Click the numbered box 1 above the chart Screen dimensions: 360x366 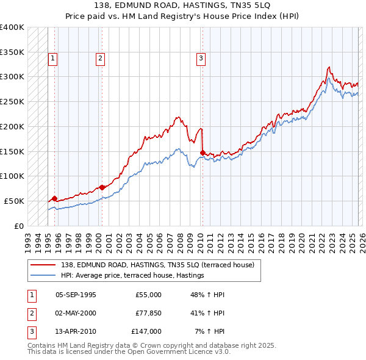[x=53, y=59]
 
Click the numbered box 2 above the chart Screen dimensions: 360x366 [x=100, y=59]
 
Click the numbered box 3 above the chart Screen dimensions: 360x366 [x=201, y=59]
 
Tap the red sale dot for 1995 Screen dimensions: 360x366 [x=54, y=198]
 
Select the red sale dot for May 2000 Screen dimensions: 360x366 [x=102, y=187]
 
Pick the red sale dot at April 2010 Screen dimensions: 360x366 [x=203, y=153]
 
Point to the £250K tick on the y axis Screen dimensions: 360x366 [x=12, y=102]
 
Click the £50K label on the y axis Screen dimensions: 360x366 [x=14, y=201]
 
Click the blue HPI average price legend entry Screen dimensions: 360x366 [x=131, y=276]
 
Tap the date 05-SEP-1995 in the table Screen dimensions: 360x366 [x=76, y=295]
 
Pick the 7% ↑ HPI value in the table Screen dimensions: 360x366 [x=209, y=331]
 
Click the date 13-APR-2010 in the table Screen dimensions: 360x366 [x=76, y=331]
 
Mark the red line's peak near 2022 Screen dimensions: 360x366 [x=329, y=67]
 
